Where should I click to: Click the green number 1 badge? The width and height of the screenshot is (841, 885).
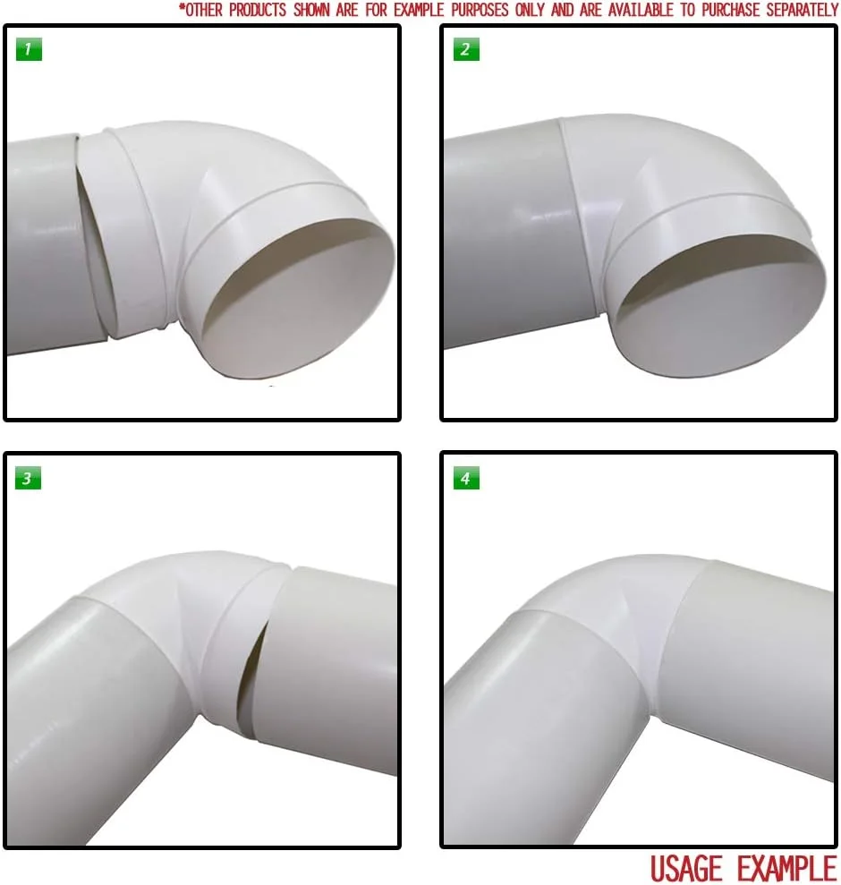pos(29,49)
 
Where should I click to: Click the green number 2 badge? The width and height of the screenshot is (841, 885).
pos(466,49)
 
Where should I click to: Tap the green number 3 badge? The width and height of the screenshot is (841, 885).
pos(29,479)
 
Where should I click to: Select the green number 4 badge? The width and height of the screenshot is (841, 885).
pos(466,479)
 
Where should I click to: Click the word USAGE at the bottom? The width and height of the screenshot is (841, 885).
pos(686,868)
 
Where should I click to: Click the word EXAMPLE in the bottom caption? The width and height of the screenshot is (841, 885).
pos(786,868)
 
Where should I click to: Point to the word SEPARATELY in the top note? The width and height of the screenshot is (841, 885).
pos(802,10)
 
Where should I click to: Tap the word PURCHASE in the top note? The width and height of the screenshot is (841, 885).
pos(730,10)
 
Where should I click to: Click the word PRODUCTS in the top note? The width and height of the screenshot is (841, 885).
pos(258,10)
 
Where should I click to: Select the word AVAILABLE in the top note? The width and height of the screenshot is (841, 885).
pos(640,10)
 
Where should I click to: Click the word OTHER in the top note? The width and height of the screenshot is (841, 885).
pos(202,10)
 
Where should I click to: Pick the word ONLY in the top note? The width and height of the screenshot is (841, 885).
pos(529,10)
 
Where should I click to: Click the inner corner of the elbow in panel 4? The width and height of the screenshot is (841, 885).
pos(654,716)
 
